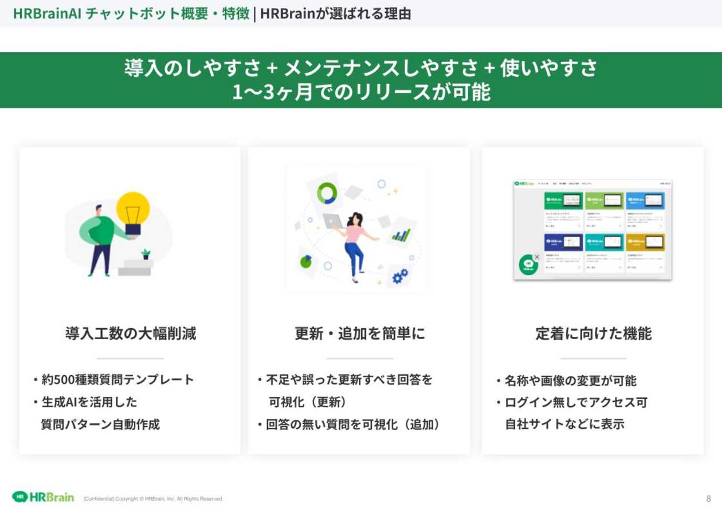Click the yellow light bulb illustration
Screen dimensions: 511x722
click(x=133, y=210)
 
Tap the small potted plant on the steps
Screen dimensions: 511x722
click(x=146, y=254)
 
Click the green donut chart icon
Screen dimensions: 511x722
click(x=327, y=192)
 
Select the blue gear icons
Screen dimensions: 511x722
click(x=400, y=277)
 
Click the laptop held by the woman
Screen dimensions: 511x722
click(x=332, y=221)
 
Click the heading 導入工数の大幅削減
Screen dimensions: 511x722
click(x=130, y=333)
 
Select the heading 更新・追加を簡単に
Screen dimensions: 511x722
click(x=360, y=333)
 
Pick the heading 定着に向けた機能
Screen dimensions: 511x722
click(x=593, y=333)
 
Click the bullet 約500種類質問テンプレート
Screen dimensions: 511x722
click(x=117, y=379)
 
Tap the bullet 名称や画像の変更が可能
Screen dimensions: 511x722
click(x=570, y=380)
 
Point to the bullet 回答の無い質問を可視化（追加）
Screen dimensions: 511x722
click(x=353, y=424)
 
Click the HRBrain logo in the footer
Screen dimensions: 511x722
click(x=44, y=497)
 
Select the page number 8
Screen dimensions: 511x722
click(x=708, y=498)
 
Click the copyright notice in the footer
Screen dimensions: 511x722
click(x=154, y=499)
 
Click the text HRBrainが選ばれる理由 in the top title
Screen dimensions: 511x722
click(x=335, y=14)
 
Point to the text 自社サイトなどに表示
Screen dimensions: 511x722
click(x=564, y=424)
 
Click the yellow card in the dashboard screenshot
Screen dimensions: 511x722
click(x=645, y=242)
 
